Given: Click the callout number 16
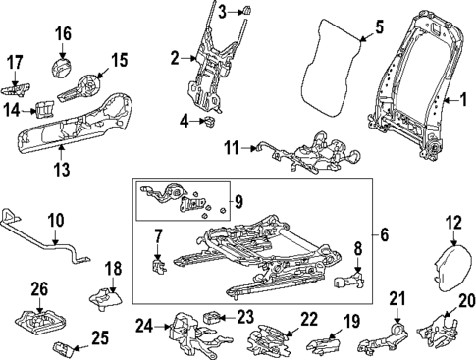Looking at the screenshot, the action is pyautogui.click(x=63, y=34).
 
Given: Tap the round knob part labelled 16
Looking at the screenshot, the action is pyautogui.click(x=61, y=68).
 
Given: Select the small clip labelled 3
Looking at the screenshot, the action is pyautogui.click(x=245, y=11).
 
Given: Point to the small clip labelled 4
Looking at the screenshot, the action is pyautogui.click(x=209, y=122).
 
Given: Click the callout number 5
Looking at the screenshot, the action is pyautogui.click(x=378, y=27).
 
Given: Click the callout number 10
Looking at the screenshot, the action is pyautogui.click(x=56, y=221).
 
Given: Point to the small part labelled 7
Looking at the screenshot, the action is pyautogui.click(x=158, y=264).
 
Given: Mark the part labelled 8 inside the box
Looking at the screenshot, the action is pyautogui.click(x=349, y=280).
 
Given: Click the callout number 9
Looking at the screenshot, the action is pyautogui.click(x=238, y=202).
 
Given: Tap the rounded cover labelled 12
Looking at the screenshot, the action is pyautogui.click(x=453, y=267).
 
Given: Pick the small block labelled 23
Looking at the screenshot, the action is pyautogui.click(x=212, y=317).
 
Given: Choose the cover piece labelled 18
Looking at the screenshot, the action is pyautogui.click(x=106, y=298).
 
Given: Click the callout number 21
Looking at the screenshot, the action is pyautogui.click(x=397, y=298).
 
